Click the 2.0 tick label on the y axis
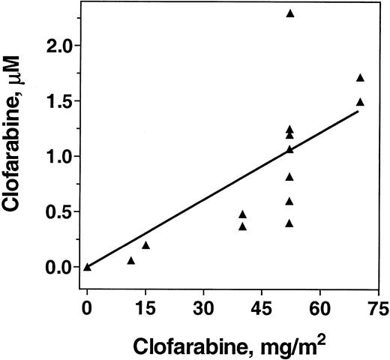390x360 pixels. click(x=59, y=46)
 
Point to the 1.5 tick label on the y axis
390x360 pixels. click(x=59, y=101)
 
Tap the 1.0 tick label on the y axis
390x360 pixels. click(x=59, y=157)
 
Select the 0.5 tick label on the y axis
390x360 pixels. click(x=59, y=211)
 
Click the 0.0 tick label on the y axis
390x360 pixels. click(x=59, y=267)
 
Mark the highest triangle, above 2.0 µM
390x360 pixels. click(x=290, y=13)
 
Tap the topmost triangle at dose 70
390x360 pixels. click(x=360, y=77)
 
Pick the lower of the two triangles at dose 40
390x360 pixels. click(x=242, y=226)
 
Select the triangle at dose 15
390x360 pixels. click(x=145, y=244)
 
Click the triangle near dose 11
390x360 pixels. click(x=130, y=260)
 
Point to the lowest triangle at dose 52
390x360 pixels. click(x=289, y=223)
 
